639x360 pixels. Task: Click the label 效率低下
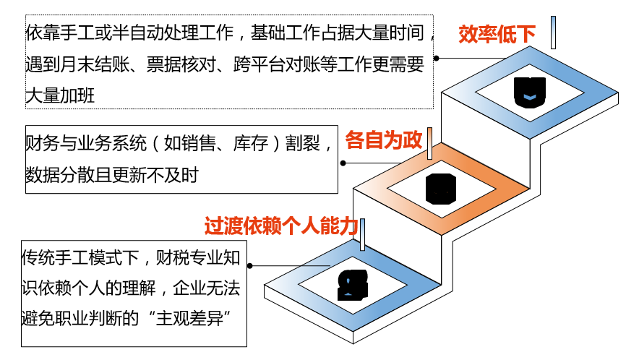pos(497,34)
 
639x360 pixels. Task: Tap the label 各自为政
pos(383,140)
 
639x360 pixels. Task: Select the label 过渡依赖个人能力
pos(281,226)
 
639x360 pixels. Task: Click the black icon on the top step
pos(530,93)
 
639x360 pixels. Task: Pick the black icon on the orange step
pos(441,189)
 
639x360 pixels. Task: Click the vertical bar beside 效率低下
pos(553,33)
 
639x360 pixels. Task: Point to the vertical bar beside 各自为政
pos(429,143)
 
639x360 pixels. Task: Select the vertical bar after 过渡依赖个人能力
pos(362,234)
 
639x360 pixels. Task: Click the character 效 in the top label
pos(468,34)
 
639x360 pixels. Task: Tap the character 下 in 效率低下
pos(526,34)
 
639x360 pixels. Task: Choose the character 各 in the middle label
pos(354,140)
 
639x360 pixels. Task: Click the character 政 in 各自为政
pos(413,140)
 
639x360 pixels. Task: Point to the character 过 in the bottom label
pos(213,226)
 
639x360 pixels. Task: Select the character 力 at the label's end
pos(349,226)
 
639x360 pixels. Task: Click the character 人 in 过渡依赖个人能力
pos(310,226)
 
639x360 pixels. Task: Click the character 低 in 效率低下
pos(507,34)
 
